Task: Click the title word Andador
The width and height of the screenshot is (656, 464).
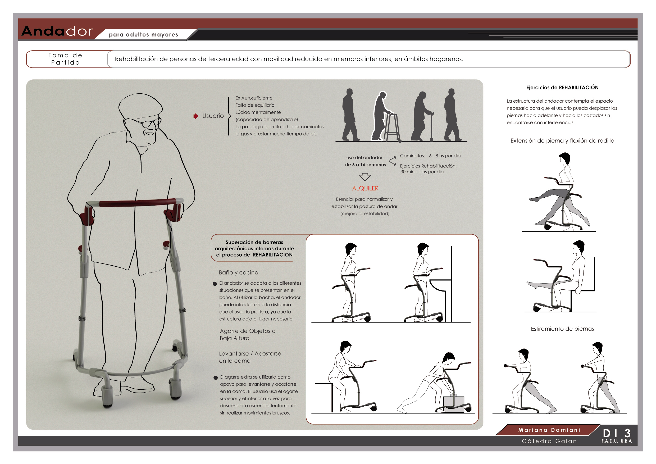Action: [x=57, y=31]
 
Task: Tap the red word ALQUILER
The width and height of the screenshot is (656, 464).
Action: [x=365, y=188]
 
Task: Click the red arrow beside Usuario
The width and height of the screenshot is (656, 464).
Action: [x=196, y=116]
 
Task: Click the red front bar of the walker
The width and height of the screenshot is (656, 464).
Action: [x=137, y=203]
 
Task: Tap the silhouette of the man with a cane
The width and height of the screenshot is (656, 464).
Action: [x=422, y=116]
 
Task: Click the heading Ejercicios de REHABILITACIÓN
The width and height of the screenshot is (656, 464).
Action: [x=562, y=87]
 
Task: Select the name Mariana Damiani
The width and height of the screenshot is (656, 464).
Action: [x=549, y=430]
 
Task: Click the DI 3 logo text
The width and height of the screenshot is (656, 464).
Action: [x=617, y=433]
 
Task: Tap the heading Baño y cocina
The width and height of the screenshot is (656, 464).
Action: [x=239, y=272]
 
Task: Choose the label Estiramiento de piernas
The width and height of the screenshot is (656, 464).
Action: [x=562, y=329]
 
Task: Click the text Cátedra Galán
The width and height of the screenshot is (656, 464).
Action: [x=549, y=441]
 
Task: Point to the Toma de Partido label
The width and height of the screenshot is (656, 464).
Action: [x=65, y=59]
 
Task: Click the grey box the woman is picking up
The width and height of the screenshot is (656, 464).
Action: [x=454, y=404]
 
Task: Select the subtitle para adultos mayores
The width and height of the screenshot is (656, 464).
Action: [x=143, y=35]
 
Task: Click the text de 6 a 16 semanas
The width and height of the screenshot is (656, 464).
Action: [x=365, y=165]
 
